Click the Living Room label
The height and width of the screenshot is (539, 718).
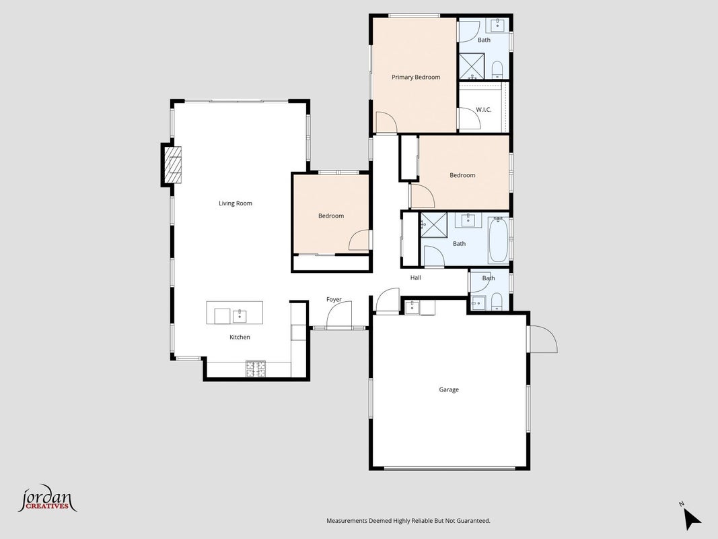236,203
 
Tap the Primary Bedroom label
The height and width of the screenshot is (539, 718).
416,77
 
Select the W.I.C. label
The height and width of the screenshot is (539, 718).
484,110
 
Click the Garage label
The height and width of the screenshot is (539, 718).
449,389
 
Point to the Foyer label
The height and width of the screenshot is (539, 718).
334,299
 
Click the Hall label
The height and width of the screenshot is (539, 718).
415,278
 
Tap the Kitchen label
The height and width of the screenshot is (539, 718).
240,337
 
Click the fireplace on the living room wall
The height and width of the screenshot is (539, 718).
172,165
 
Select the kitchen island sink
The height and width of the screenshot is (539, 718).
240,315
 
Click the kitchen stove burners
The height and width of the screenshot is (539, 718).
256,369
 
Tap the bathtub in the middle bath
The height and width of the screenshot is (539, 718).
498,239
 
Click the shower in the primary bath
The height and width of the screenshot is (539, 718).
472,66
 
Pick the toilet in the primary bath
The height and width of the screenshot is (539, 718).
497,70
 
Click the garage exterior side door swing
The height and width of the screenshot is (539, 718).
542,339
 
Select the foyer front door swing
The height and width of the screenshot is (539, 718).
339,315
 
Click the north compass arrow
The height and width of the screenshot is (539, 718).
692,519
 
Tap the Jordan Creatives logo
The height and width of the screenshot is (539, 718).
46,499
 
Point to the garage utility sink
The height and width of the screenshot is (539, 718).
412,307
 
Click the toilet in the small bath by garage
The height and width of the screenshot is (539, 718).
497,301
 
